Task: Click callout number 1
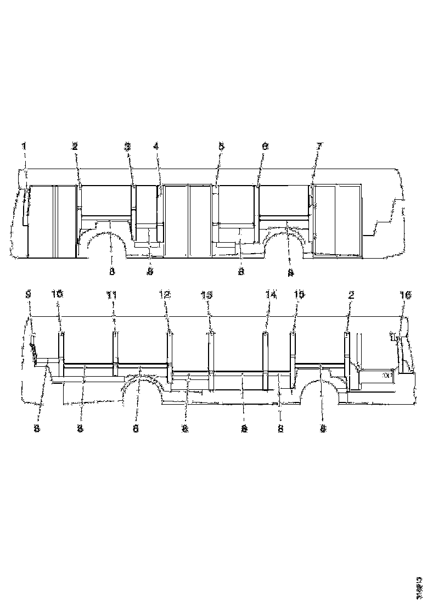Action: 24,146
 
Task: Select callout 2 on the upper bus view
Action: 75,146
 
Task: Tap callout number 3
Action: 127,146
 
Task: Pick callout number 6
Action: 265,146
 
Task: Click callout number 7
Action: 319,146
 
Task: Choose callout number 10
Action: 58,294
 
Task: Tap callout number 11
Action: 111,294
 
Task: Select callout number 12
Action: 165,294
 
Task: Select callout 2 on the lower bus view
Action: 351,294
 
